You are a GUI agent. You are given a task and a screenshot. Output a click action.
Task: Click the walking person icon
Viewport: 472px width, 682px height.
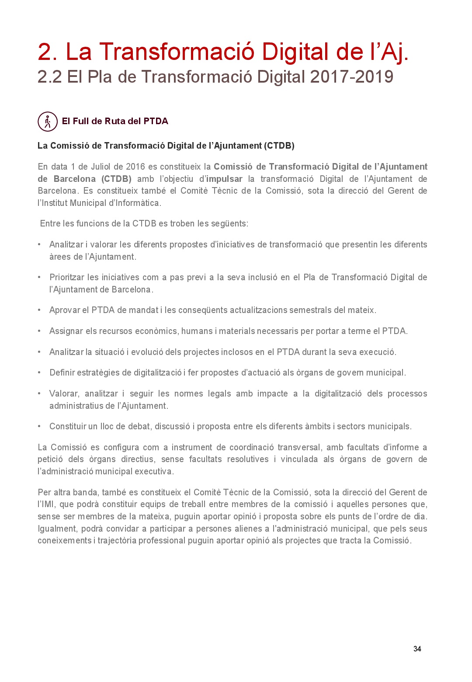pyautogui.click(x=48, y=122)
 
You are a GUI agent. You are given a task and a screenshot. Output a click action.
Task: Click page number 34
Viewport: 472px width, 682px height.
pyautogui.click(x=417, y=649)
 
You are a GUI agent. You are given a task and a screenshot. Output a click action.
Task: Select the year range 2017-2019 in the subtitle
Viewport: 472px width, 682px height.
pyautogui.click(x=352, y=77)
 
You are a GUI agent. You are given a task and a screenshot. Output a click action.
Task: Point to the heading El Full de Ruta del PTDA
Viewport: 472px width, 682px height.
pyautogui.click(x=115, y=121)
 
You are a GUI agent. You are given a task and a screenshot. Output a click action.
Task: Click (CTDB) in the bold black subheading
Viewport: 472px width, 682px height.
pyautogui.click(x=279, y=146)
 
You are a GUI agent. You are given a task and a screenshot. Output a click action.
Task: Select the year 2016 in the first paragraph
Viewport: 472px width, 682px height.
pyautogui.click(x=135, y=167)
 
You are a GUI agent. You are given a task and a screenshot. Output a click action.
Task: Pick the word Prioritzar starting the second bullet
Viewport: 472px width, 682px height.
pyautogui.click(x=67, y=277)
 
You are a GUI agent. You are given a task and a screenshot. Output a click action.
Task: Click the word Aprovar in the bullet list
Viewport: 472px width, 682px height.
pyautogui.click(x=65, y=310)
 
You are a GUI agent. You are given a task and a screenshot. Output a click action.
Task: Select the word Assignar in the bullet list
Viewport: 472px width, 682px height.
pyautogui.click(x=66, y=331)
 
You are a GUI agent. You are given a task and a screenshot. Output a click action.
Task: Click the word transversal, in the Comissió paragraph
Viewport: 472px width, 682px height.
pyautogui.click(x=299, y=447)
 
